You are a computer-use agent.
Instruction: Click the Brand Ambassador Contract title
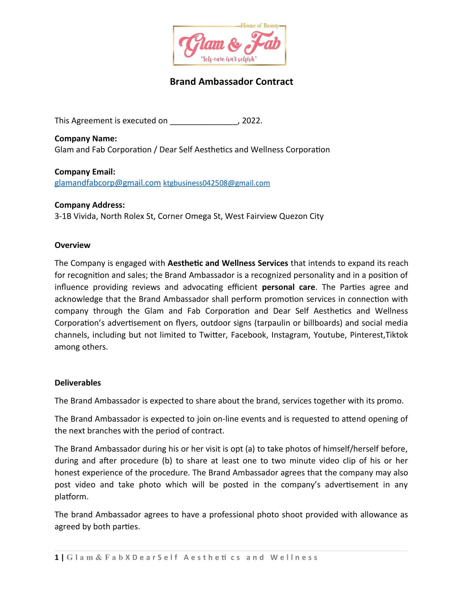coord(231,82)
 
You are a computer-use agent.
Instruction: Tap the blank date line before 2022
coord(204,121)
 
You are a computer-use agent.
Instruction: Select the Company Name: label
coord(86,139)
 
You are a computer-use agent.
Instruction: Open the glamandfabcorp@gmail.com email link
coord(108,183)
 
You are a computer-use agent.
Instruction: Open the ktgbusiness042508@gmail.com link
coord(217,183)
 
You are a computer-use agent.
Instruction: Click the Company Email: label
coord(85,172)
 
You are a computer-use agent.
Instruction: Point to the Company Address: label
coord(90,205)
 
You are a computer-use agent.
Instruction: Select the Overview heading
coord(72,245)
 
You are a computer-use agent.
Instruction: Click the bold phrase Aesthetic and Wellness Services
coord(228,263)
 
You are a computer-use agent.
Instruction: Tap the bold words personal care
coord(288,287)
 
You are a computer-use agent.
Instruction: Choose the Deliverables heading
coord(78,383)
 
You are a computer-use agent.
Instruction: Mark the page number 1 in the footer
coord(57,557)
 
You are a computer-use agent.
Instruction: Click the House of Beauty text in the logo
coord(260,26)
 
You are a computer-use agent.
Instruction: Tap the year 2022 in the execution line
coord(251,121)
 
